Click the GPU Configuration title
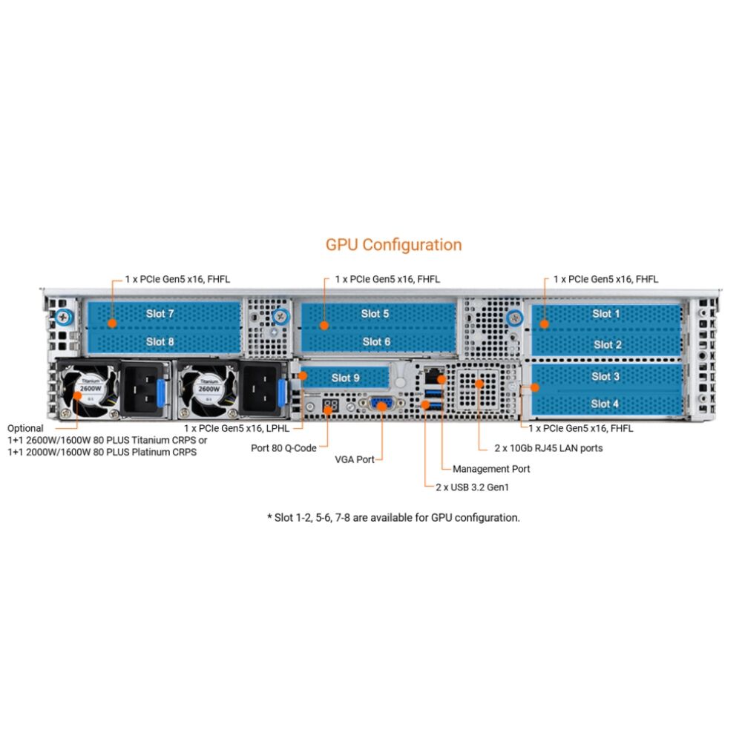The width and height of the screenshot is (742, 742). tap(393, 245)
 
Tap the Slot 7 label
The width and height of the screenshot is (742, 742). tap(160, 314)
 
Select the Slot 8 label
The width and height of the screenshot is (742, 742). tap(160, 341)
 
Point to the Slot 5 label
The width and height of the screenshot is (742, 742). tap(375, 314)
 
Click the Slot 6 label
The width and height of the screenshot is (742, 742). tap(376, 341)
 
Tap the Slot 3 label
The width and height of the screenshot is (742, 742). tap(605, 376)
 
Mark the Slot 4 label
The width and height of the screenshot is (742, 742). tap(605, 404)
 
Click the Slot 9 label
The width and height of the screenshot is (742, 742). tap(345, 378)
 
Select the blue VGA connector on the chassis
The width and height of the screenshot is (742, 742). tap(381, 404)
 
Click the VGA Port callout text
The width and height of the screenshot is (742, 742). tap(355, 459)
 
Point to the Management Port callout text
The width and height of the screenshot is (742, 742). tap(491, 469)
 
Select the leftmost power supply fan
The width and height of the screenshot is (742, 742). tap(90, 387)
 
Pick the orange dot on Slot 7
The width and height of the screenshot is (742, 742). tap(111, 324)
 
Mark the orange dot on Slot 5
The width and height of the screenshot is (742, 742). tap(324, 324)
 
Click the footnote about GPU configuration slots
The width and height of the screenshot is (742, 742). tap(393, 517)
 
